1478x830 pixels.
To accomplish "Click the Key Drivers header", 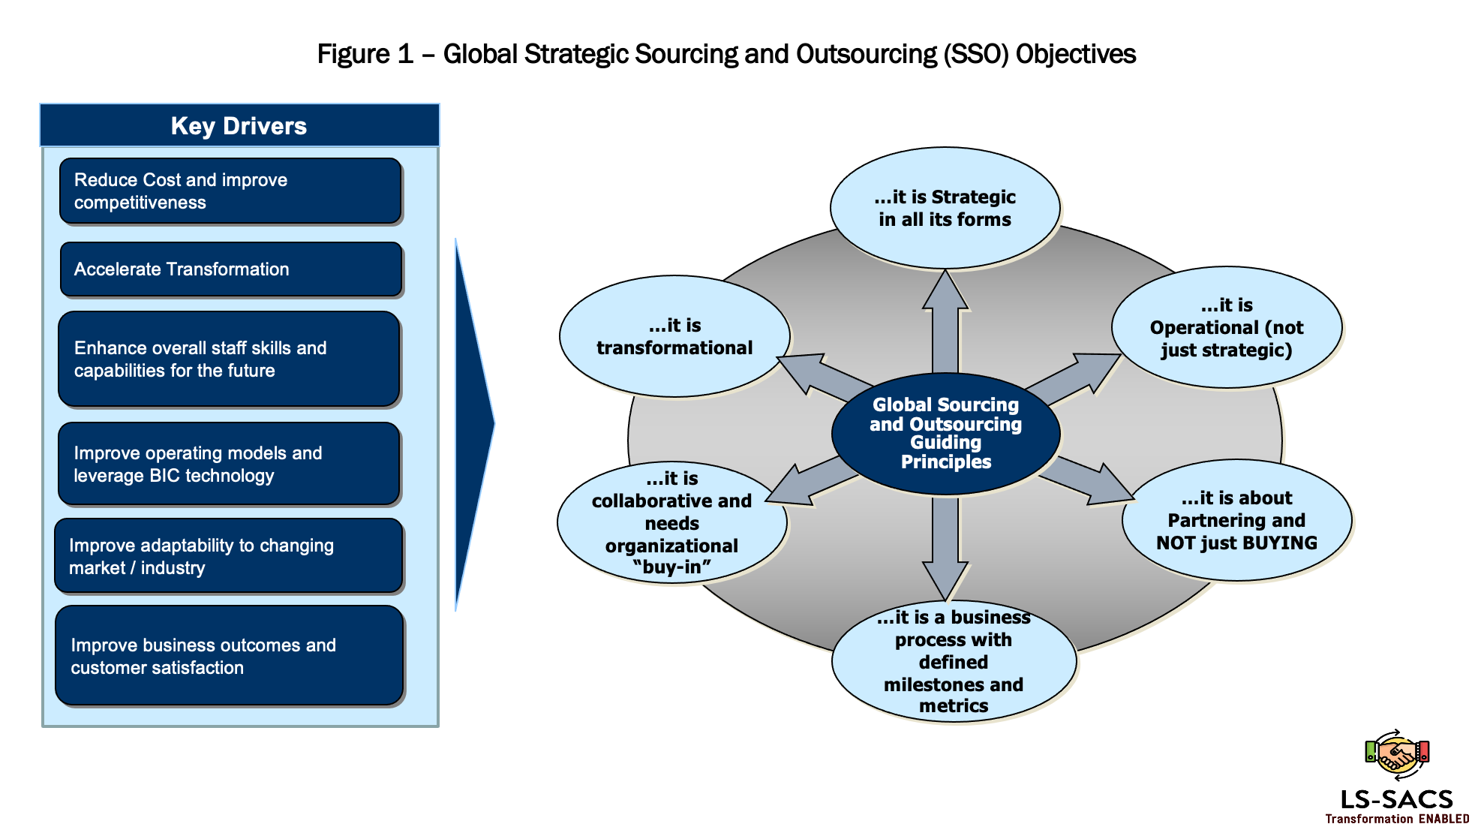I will pyautogui.click(x=239, y=125).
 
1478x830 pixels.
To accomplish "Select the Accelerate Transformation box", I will pyautogui.click(x=230, y=269).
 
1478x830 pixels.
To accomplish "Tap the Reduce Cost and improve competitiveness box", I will pyautogui.click(x=230, y=191).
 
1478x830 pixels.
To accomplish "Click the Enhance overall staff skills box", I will pyautogui.click(x=229, y=359).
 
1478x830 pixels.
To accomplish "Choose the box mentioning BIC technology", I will pyautogui.click(x=229, y=464).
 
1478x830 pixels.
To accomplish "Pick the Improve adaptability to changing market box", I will pyautogui.click(x=229, y=556).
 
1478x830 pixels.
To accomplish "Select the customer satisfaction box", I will pyautogui.click(x=229, y=656).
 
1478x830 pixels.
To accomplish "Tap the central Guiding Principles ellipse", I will pyautogui.click(x=945, y=433).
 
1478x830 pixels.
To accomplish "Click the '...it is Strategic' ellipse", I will pyautogui.click(x=945, y=208).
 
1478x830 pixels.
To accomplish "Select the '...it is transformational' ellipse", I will pyautogui.click(x=674, y=336).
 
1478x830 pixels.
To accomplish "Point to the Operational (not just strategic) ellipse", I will pyautogui.click(x=1226, y=327).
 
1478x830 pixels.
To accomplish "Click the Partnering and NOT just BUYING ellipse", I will pyautogui.click(x=1236, y=520).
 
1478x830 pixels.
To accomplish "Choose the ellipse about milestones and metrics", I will pyautogui.click(x=953, y=661).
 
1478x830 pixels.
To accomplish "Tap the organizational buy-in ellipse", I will pyautogui.click(x=671, y=523).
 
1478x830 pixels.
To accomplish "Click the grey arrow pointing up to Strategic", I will pyautogui.click(x=945, y=323).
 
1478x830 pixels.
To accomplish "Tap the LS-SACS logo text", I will pyautogui.click(x=1396, y=799).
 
